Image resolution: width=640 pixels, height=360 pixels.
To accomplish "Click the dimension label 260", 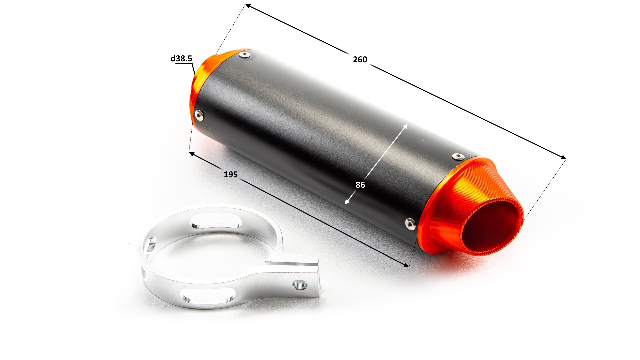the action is pos(360,59).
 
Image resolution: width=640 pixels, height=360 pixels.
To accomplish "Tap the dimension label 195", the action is pos(231,174).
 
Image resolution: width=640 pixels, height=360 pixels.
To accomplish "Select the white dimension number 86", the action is pos(360,185).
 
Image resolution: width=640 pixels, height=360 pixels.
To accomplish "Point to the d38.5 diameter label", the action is pos(181,59).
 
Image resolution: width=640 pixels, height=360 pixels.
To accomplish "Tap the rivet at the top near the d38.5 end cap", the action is pos(245,54).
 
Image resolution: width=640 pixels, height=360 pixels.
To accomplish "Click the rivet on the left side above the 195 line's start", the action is pos(200,115).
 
